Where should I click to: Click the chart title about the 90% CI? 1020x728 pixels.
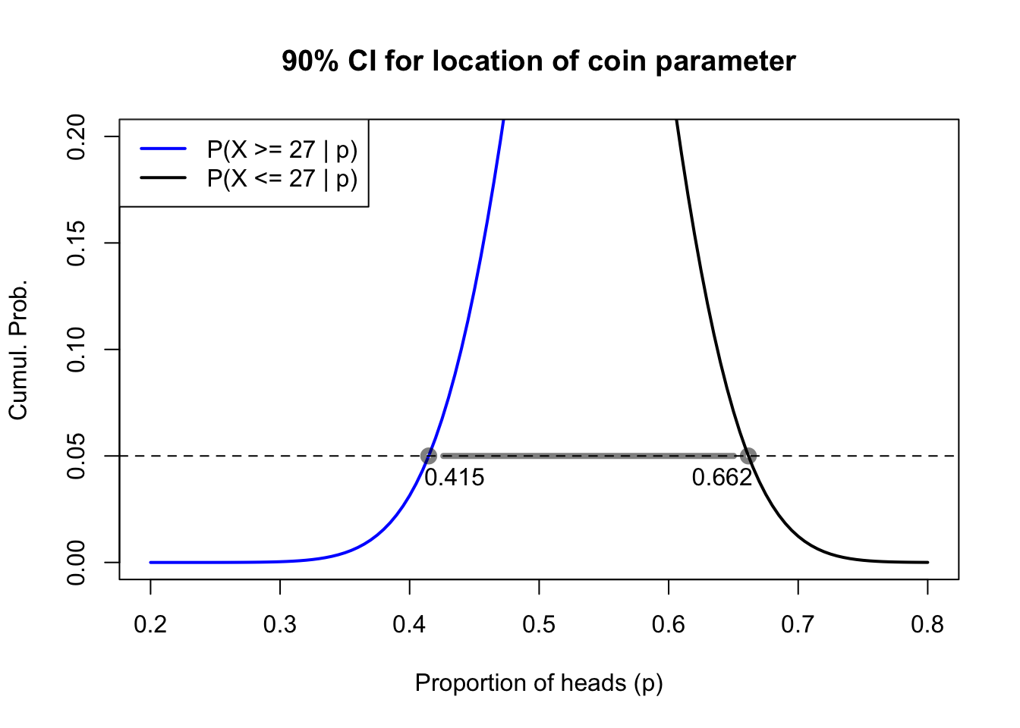(538, 61)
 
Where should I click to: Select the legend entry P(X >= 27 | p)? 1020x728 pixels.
(282, 149)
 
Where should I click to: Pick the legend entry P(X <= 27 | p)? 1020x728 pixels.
(282, 178)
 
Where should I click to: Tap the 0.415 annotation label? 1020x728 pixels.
(454, 478)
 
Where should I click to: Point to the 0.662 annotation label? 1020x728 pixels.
(722, 478)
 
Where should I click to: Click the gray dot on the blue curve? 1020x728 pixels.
(429, 456)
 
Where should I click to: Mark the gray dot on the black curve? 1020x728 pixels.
(748, 456)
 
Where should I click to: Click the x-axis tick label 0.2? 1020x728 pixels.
(150, 625)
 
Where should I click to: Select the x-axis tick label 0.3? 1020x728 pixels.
(280, 625)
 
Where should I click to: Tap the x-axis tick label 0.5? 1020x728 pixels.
(539, 625)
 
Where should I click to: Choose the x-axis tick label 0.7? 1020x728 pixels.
(798, 625)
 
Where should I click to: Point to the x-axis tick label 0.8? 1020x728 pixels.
(927, 625)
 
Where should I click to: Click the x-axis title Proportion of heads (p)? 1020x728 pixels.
(539, 683)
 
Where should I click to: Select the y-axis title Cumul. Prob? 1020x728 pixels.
(18, 350)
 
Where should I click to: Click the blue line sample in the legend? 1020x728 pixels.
(163, 149)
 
